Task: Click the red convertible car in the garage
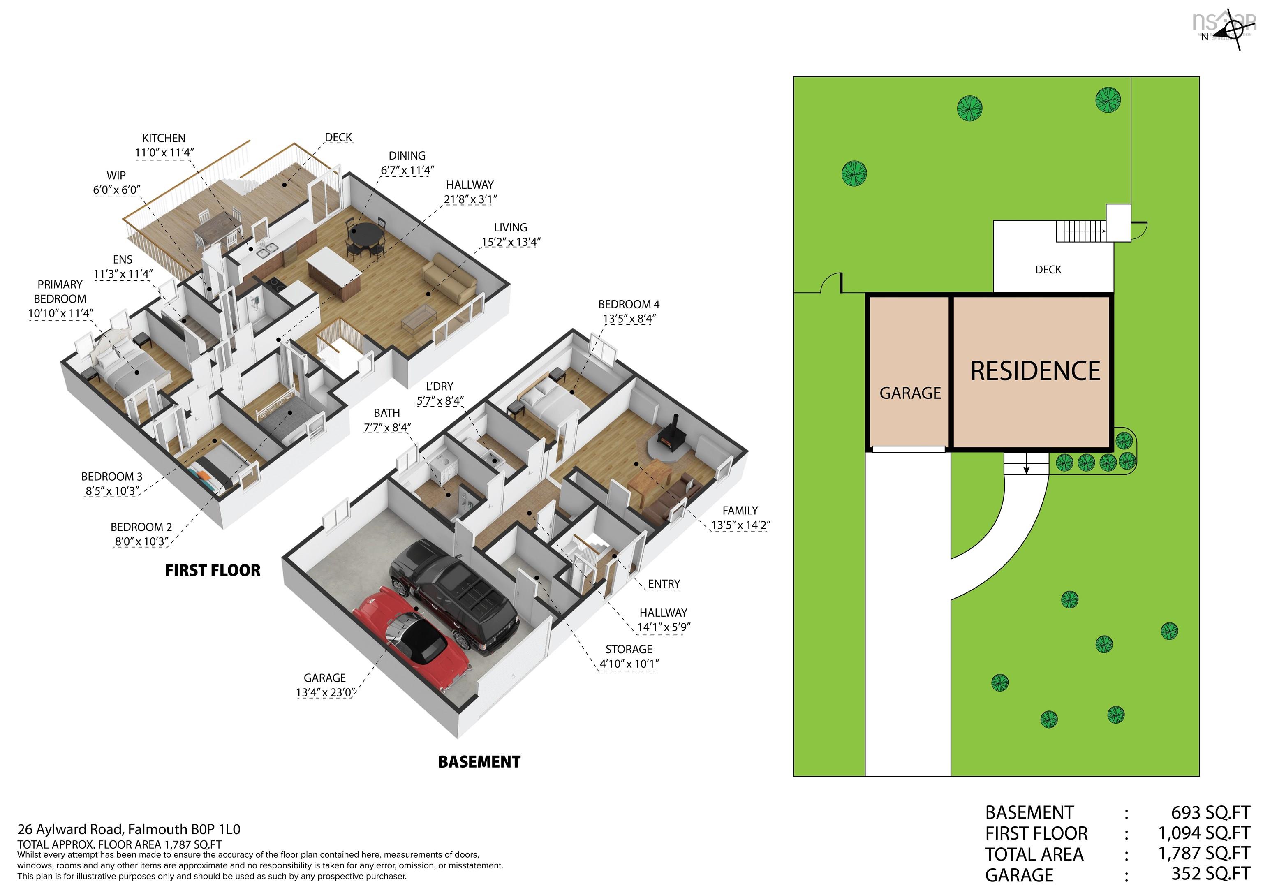coord(412,638)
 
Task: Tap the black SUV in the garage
coord(454,597)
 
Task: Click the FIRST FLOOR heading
coord(213,571)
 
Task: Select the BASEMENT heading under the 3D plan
coord(479,762)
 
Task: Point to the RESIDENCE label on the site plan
coord(1035,371)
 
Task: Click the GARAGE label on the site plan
coord(910,393)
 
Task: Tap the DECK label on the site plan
coord(1048,270)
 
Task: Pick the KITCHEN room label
coord(164,138)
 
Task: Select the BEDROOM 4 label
coord(629,304)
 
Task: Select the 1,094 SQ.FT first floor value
coord(1203,833)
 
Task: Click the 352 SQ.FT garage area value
coord(1210,874)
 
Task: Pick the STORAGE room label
coord(629,649)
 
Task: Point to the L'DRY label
coord(440,386)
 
